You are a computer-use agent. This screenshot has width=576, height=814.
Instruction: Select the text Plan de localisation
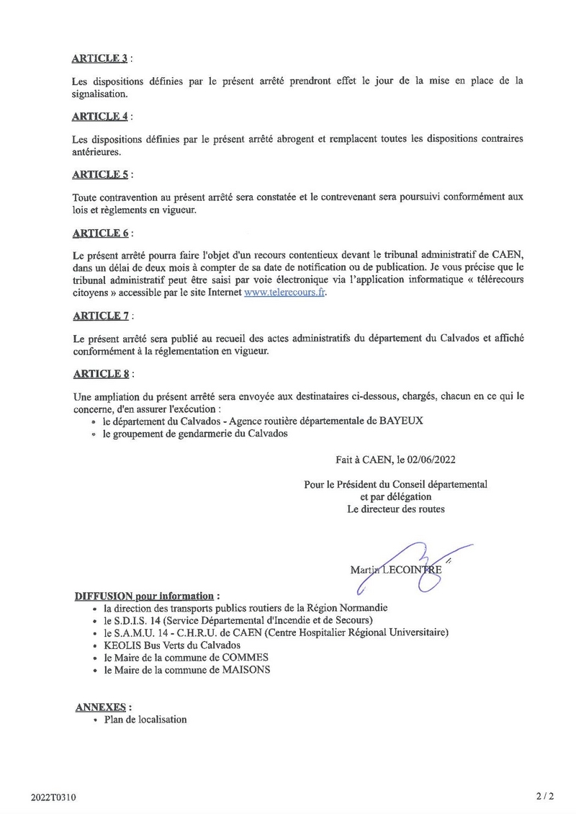tap(145, 720)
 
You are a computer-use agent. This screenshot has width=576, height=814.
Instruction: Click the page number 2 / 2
tap(545, 797)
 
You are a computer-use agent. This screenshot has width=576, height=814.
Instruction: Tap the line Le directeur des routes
tap(396, 509)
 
